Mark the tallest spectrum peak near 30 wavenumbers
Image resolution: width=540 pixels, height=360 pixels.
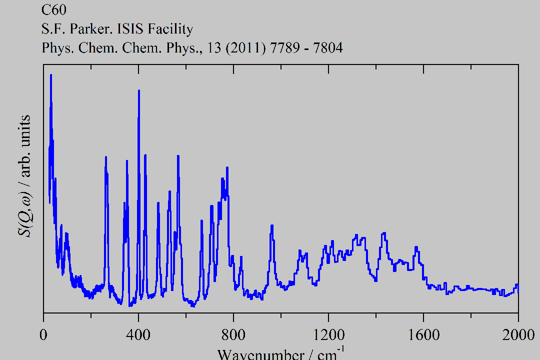tap(51, 75)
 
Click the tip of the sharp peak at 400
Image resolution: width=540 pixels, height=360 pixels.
tap(138, 91)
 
